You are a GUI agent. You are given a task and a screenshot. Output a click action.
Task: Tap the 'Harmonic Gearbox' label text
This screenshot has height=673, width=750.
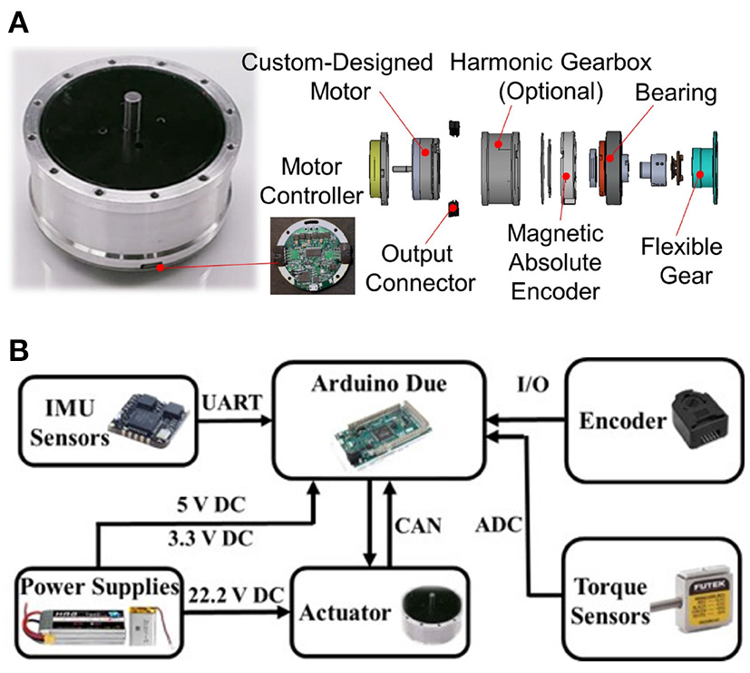(x=550, y=64)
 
